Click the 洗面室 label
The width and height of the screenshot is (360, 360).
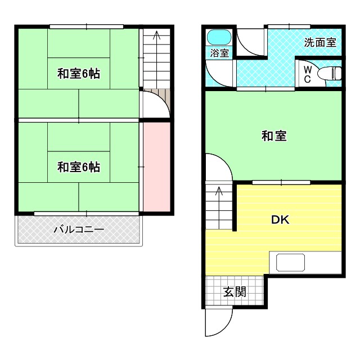click(x=320, y=42)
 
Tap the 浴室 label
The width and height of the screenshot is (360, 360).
click(x=219, y=53)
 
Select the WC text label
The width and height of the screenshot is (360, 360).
click(x=307, y=74)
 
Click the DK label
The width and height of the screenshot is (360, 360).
click(x=280, y=220)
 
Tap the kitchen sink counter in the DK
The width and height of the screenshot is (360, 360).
click(x=290, y=263)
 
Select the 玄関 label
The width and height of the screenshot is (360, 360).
click(x=235, y=292)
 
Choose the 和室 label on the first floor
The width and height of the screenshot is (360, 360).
click(x=274, y=136)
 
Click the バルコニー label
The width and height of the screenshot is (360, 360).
click(x=79, y=229)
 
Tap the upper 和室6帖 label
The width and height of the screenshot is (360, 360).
click(x=78, y=73)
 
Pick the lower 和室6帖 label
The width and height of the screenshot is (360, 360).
click(x=78, y=167)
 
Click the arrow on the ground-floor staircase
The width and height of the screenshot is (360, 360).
click(x=219, y=192)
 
